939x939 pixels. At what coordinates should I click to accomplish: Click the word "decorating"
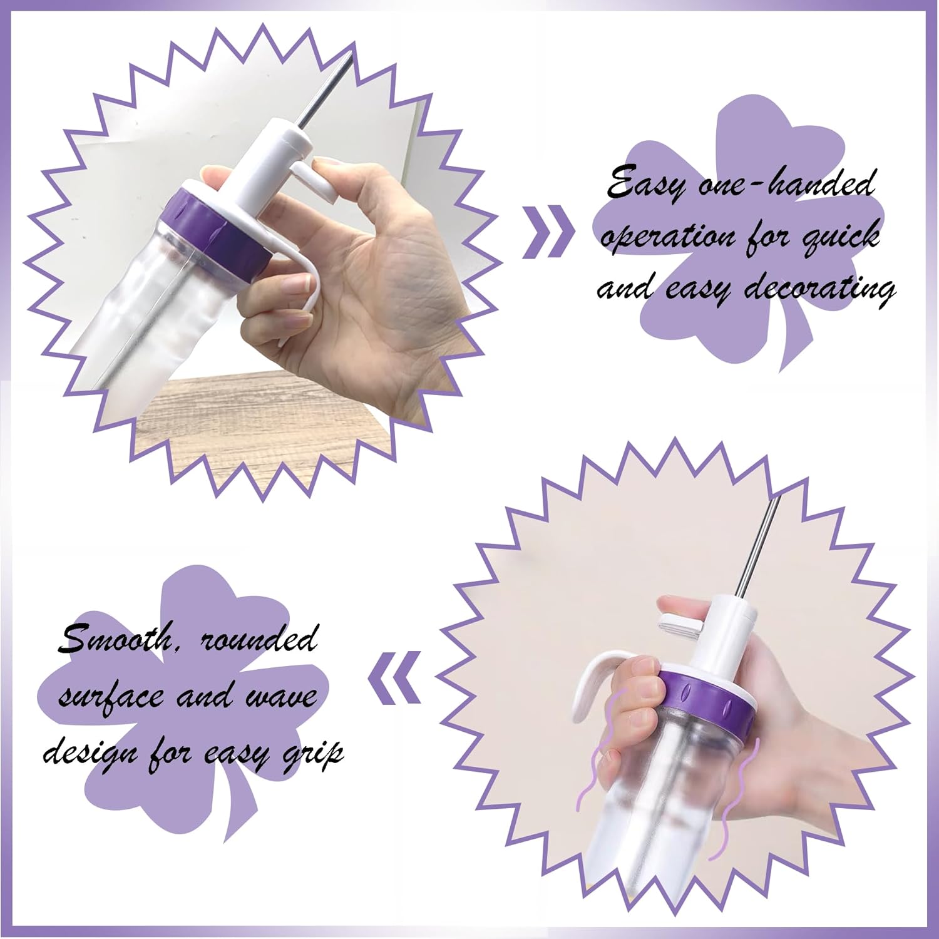(x=821, y=289)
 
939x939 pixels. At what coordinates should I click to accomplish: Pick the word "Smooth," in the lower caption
(x=116, y=639)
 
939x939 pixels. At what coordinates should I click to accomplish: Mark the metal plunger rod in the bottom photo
(x=758, y=545)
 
